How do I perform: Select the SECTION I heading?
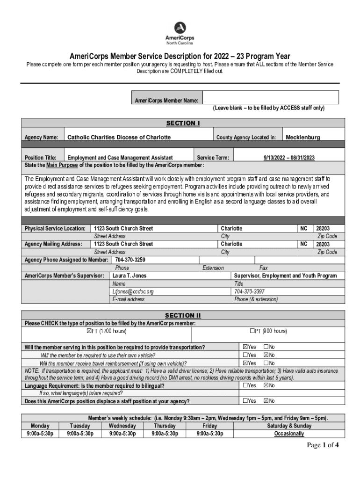(x=183, y=123)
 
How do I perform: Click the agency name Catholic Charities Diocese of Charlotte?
(x=119, y=138)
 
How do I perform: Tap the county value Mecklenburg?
(x=302, y=138)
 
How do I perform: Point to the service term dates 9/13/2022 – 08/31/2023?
(x=289, y=158)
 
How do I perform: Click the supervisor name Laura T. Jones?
(x=130, y=276)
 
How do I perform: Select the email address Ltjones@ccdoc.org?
(x=133, y=291)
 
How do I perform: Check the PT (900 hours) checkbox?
(x=252, y=331)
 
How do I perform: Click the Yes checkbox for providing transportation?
(x=245, y=347)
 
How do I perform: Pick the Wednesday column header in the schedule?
(x=122, y=426)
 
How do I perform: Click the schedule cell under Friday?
(x=209, y=434)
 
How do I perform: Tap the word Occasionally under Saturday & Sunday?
(x=289, y=434)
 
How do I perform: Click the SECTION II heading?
(x=183, y=315)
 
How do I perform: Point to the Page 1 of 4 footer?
(x=323, y=445)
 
